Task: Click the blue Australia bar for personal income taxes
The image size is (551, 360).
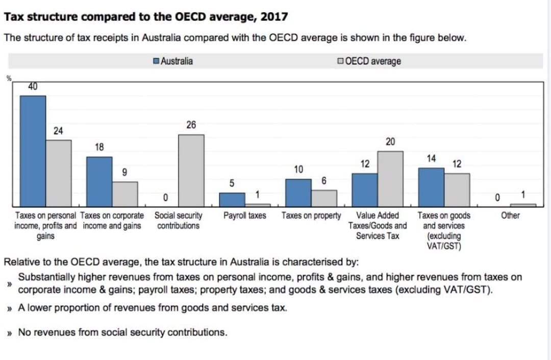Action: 33,151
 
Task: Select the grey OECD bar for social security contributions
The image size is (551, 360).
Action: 191,170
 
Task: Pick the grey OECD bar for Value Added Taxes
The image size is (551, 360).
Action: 390,178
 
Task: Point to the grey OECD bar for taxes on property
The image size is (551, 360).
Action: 324,198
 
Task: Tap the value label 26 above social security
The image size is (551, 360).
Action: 191,125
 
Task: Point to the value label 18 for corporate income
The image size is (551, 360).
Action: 99,147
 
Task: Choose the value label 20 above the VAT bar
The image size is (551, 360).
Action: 390,141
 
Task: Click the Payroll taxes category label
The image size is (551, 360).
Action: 245,215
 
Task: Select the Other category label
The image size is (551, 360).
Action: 510,215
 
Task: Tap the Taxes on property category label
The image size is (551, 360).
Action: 311,215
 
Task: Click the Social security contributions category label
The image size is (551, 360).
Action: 178,221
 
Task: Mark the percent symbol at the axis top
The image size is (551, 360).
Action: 8,78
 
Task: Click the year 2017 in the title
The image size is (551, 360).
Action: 274,17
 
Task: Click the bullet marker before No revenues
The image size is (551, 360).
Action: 9,333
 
